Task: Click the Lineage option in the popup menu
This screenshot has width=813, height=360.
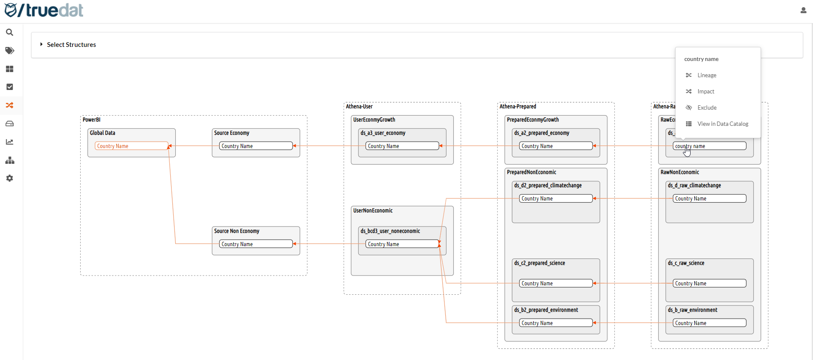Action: tap(706, 75)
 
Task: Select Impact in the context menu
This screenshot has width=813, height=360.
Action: tap(706, 92)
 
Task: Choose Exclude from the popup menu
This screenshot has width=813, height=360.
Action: tap(706, 108)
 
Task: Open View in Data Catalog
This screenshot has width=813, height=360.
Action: tap(722, 124)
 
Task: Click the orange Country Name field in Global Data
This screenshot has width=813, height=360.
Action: tap(131, 146)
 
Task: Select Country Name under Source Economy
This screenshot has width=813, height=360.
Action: tap(256, 146)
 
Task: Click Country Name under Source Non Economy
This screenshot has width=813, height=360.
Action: tap(256, 244)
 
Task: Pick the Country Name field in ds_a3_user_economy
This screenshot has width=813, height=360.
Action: tap(402, 146)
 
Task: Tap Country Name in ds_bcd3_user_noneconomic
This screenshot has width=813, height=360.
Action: tap(402, 244)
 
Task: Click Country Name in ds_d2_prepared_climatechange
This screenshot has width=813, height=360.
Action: tap(555, 198)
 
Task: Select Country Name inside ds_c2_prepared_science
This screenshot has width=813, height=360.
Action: tap(555, 283)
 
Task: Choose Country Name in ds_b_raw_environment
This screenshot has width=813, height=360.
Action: tap(709, 323)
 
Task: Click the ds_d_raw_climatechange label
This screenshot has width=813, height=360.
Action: tap(694, 186)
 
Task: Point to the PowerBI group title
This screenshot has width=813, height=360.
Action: tap(91, 120)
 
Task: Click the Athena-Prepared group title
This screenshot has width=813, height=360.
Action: tap(517, 107)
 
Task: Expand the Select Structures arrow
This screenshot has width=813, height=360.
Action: tap(41, 44)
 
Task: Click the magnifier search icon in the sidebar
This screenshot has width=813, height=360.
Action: tap(9, 32)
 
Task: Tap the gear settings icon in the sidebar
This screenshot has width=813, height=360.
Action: tap(9, 178)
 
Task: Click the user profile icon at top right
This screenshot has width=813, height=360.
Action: tap(803, 10)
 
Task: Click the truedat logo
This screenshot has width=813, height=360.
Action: tap(44, 10)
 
